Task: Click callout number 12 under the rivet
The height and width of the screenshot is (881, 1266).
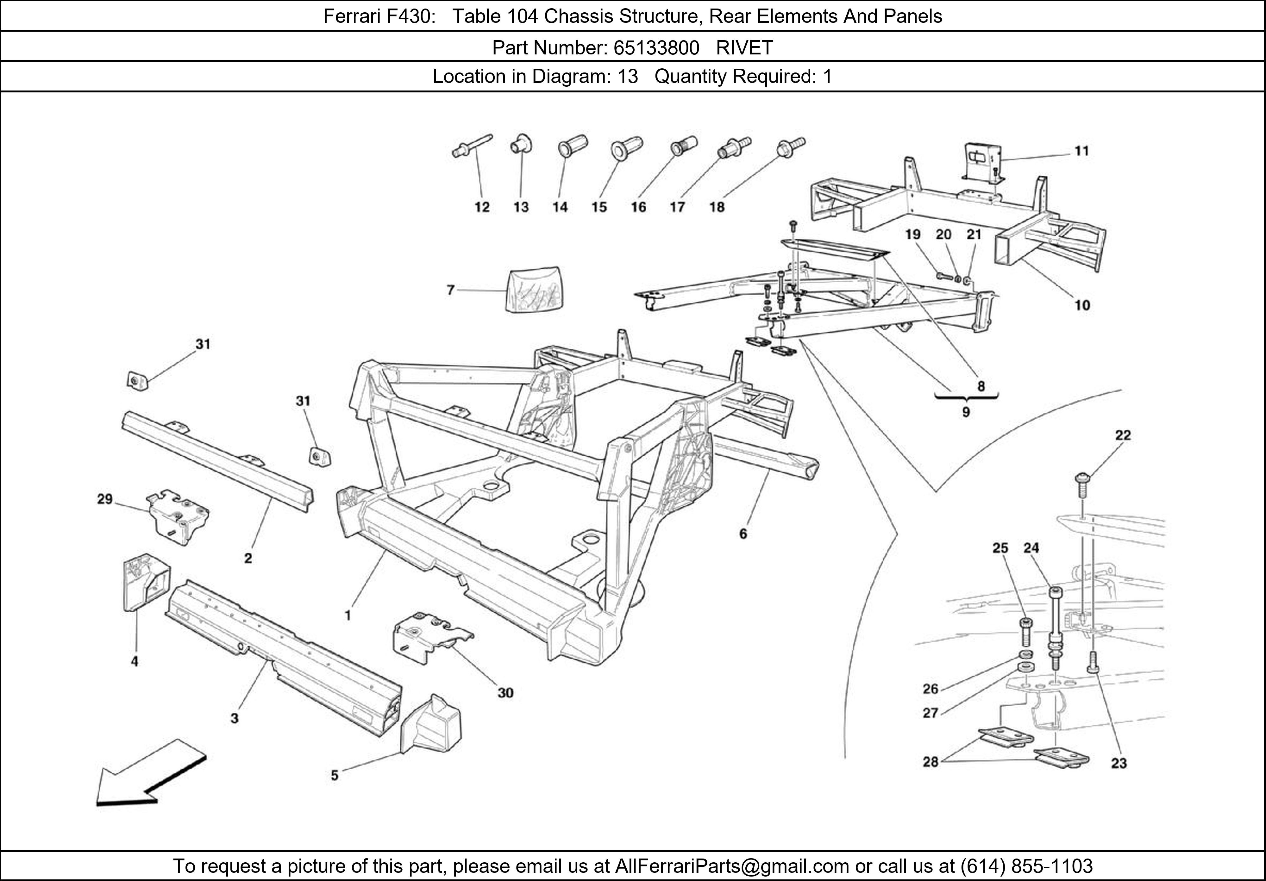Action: coord(482,207)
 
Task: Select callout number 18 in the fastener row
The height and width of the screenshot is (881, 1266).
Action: coord(717,207)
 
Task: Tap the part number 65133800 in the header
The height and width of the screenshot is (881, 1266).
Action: coord(656,48)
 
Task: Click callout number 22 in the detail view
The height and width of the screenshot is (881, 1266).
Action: coord(1123,435)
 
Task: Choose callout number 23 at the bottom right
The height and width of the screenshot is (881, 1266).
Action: coord(1119,764)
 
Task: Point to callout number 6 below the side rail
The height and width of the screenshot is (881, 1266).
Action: coord(743,534)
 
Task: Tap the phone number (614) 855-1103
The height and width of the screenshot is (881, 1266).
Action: coord(1026,866)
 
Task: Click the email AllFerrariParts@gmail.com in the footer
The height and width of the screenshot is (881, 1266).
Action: coord(732,866)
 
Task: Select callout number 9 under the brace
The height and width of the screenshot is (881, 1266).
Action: coord(966,412)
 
